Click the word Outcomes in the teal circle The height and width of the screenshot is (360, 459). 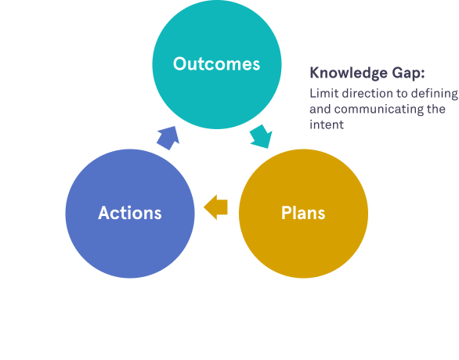coord(216,63)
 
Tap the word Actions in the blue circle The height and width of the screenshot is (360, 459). coord(130,213)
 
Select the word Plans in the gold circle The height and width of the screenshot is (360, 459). coord(303,213)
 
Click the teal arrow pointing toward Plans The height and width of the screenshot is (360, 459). coord(261,136)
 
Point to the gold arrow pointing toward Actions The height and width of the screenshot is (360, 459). coord(215,207)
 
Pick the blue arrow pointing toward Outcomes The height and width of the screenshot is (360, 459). coord(168,138)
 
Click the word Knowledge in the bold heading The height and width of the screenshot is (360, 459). coord(349,73)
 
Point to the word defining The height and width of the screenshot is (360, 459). coord(435,95)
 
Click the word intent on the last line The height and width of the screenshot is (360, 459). coord(327,125)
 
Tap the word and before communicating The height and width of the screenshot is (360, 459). coord(320,110)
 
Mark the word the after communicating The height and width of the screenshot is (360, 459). coord(436,109)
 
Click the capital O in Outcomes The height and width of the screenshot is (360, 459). coord(180,63)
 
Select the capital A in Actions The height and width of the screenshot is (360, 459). coord(105,213)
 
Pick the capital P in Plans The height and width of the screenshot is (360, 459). coord(287,213)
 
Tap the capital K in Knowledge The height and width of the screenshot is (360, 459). coord(315,73)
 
